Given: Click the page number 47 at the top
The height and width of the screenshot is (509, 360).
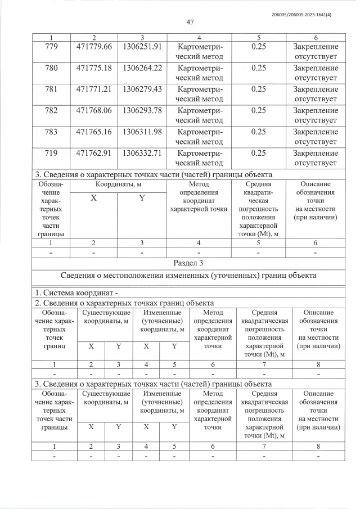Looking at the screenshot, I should point(189,22).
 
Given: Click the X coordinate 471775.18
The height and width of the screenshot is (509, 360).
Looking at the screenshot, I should point(94,67).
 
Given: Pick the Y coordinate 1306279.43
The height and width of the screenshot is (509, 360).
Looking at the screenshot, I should point(142,89).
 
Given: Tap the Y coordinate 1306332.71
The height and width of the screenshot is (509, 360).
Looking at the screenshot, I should point(142,153).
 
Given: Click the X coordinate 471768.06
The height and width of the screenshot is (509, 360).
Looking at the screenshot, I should point(94,110).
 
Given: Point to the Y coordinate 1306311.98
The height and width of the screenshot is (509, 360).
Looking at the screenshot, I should point(142,132).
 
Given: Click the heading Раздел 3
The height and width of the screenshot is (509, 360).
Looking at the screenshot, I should point(189,263).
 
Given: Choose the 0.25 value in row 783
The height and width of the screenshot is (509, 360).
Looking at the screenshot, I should point(258,132).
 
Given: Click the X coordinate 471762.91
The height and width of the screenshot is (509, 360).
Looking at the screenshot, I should point(94,153).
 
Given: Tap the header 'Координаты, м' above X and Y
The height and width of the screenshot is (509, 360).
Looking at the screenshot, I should point(118,184).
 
